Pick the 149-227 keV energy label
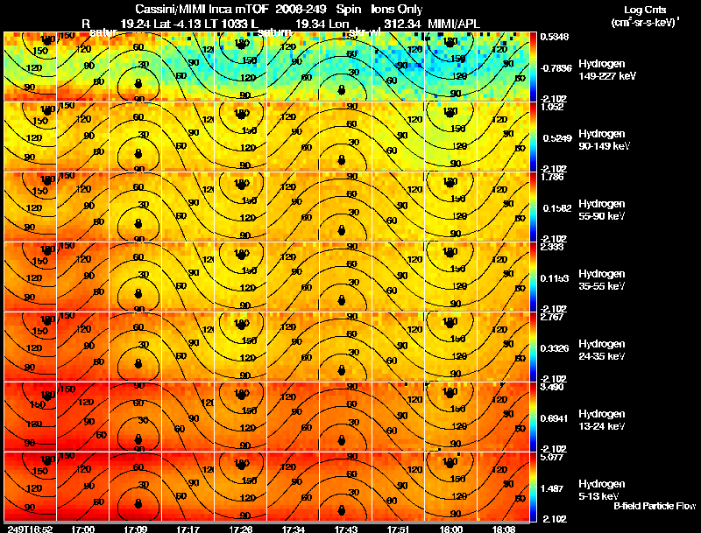tap(604, 76)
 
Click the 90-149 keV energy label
tap(602, 146)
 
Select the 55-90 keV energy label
tap(600, 216)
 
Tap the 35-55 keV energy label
tap(600, 286)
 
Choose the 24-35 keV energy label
tap(600, 356)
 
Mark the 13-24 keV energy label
tap(600, 426)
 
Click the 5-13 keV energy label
tap(598, 496)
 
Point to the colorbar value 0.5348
tap(555, 37)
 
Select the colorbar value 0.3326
tap(555, 347)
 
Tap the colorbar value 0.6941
tap(555, 417)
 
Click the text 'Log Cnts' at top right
tap(633, 8)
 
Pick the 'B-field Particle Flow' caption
tap(654, 507)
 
